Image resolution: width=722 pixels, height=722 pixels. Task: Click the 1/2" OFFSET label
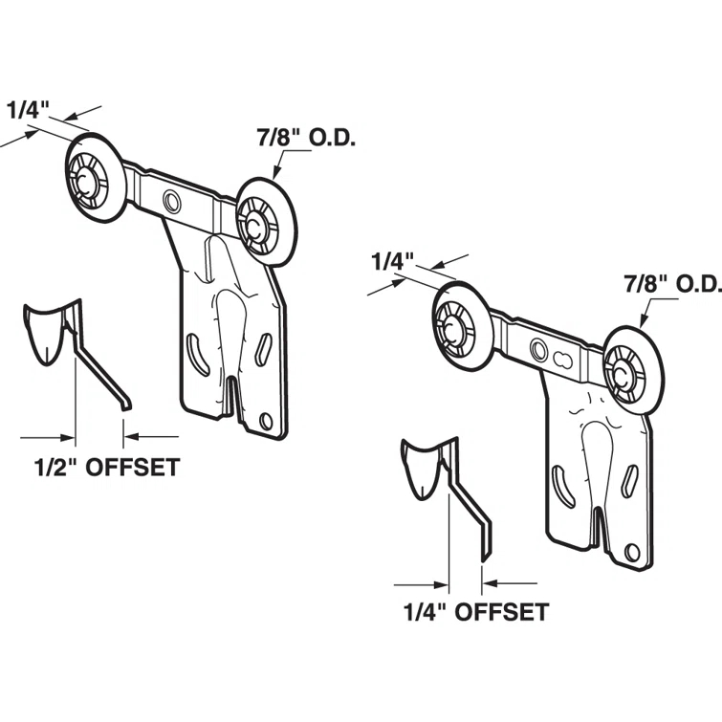pos(108,469)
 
